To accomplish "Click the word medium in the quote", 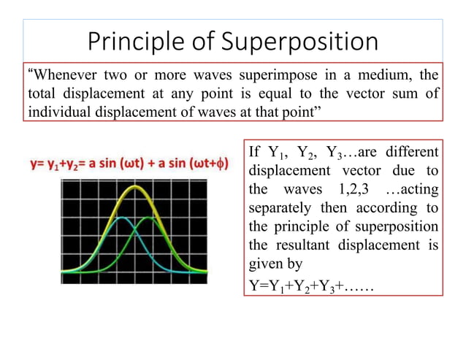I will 379,75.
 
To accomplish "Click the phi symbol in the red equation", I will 220,162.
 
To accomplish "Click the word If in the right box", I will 255,153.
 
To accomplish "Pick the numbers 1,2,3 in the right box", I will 346,189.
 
